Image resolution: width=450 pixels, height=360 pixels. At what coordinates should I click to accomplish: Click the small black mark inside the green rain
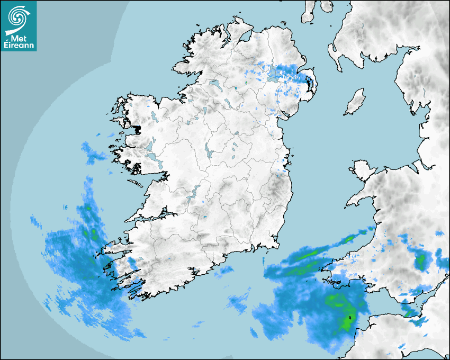click(x=349, y=318)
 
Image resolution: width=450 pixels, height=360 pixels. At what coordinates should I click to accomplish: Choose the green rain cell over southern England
click(x=421, y=260)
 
